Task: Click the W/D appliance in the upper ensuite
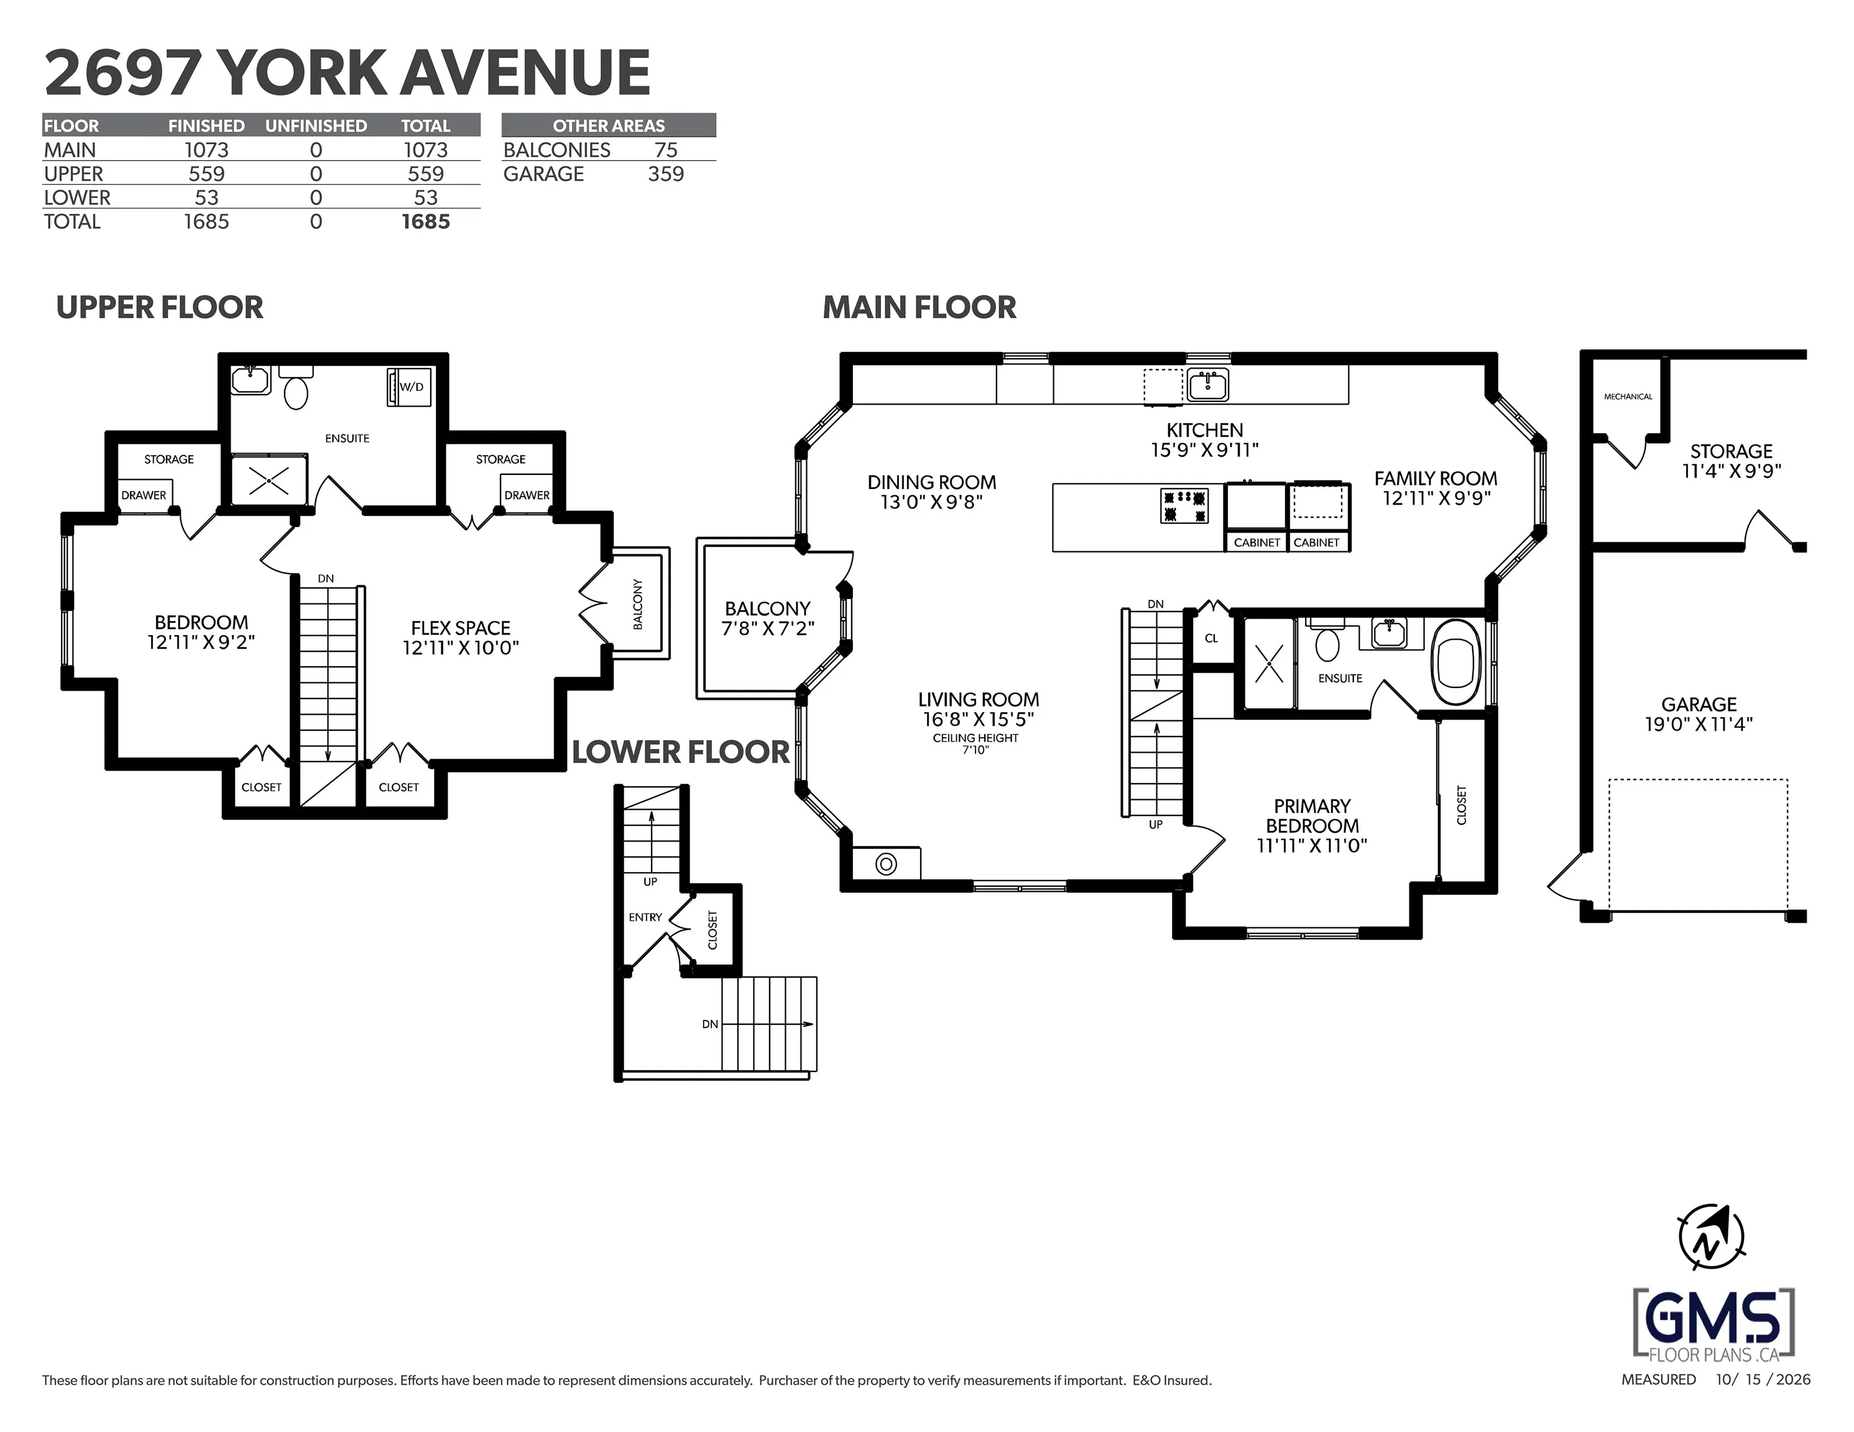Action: coord(409,387)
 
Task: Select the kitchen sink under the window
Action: coord(1207,385)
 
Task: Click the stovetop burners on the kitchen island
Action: coord(1183,506)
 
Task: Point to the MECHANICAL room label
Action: coord(1627,397)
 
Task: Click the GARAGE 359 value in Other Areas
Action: coord(665,174)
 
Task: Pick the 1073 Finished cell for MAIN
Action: coord(206,150)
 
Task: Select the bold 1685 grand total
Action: coord(425,221)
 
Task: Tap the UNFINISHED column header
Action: coord(316,126)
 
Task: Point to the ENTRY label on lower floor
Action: coord(645,917)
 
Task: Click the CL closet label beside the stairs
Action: coord(1211,638)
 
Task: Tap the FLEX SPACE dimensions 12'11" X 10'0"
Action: coord(461,648)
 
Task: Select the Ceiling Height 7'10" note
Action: coord(975,743)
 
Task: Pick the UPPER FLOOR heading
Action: coord(160,307)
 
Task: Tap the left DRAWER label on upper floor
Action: coord(144,495)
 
